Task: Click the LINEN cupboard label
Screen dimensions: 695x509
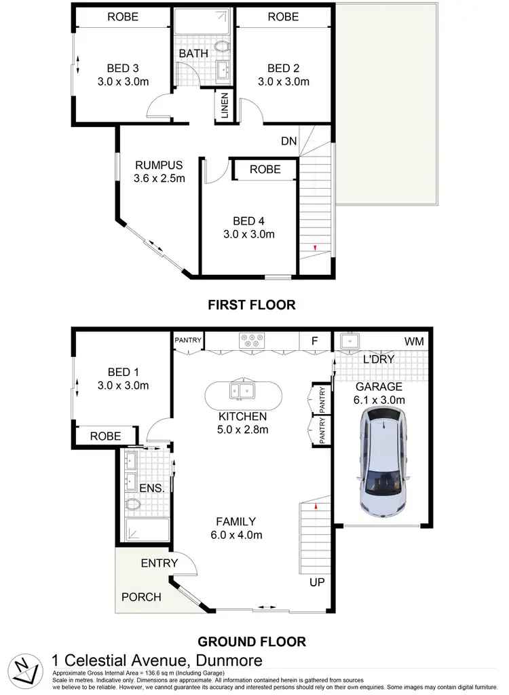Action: [x=225, y=106]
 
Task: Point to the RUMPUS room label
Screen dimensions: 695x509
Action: [x=159, y=165]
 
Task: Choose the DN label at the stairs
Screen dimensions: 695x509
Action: [x=288, y=141]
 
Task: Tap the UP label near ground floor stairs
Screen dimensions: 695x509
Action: [x=316, y=582]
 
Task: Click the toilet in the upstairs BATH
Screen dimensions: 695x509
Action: [x=222, y=48]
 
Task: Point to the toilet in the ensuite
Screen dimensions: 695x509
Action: [x=132, y=504]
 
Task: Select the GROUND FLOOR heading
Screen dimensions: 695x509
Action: [x=251, y=641]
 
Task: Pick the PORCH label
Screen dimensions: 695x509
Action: [x=141, y=597]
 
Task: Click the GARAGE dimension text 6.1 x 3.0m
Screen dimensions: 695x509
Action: [x=379, y=400]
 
